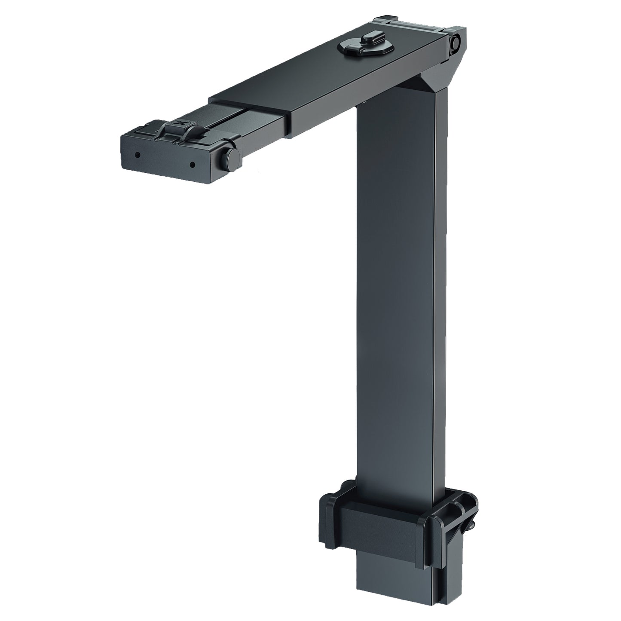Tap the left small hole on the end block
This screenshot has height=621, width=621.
[x=137, y=154]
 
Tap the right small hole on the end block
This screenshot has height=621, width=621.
[x=193, y=164]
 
